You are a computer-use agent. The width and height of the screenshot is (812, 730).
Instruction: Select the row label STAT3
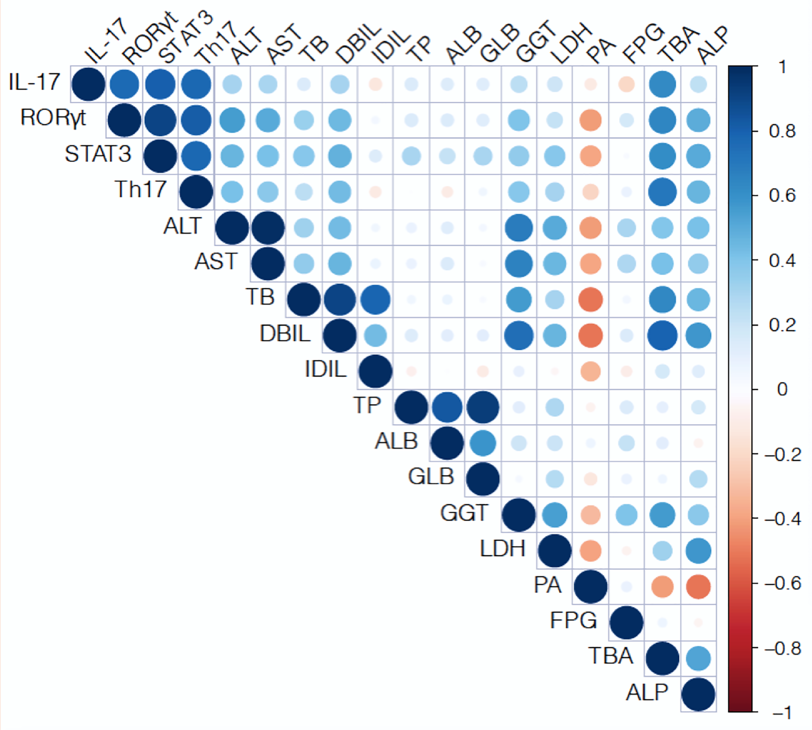(98, 154)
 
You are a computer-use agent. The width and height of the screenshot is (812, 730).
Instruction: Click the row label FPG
(573, 621)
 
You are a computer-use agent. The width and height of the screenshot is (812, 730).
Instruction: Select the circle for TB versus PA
(590, 299)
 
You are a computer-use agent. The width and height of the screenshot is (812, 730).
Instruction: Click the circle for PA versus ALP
(698, 587)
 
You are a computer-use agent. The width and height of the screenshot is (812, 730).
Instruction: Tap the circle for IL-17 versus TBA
(662, 84)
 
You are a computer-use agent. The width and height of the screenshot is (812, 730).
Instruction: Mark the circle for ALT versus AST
(268, 228)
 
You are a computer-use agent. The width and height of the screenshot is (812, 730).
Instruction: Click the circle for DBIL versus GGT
(518, 335)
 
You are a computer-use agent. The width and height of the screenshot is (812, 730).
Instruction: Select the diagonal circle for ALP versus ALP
(698, 694)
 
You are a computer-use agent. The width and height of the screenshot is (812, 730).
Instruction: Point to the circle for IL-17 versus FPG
(626, 84)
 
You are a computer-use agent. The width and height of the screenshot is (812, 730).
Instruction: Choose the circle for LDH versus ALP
(698, 551)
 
